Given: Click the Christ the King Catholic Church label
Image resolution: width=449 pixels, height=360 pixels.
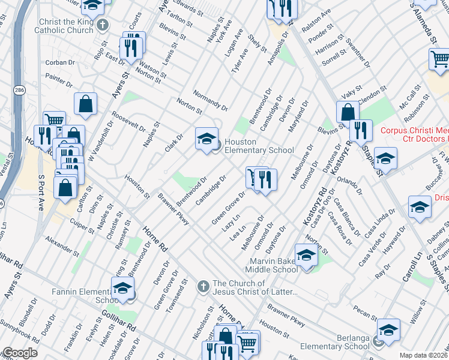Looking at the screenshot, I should point(64,25).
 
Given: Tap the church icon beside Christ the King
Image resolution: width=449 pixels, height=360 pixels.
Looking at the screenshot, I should point(103,25).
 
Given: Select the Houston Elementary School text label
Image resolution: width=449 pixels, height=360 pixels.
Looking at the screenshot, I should point(259,146).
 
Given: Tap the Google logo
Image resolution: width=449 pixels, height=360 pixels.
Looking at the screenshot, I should point(19,353).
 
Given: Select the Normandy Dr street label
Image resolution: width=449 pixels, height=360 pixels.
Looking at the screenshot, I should point(210,100).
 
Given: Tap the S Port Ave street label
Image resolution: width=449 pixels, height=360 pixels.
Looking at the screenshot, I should point(41,192).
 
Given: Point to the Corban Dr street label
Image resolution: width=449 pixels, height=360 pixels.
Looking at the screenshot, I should point(59,62).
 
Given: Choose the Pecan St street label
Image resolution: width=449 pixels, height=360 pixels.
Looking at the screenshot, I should point(365,313).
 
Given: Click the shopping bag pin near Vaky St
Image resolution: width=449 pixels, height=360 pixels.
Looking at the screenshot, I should point(348,112).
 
